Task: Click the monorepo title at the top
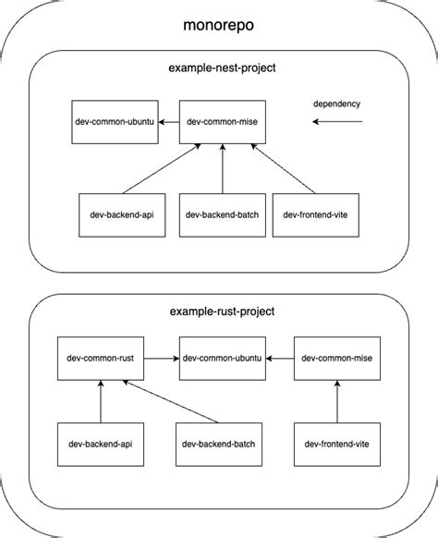[219, 25]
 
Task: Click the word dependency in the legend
[336, 104]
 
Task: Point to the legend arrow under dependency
[339, 121]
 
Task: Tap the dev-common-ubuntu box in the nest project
[114, 122]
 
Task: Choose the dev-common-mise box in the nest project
[222, 122]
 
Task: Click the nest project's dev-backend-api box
[114, 214]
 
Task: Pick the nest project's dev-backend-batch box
[222, 214]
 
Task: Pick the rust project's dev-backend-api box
[102, 445]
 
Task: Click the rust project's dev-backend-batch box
[219, 445]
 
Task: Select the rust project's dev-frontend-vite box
[337, 445]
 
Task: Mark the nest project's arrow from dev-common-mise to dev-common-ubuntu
[167, 122]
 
